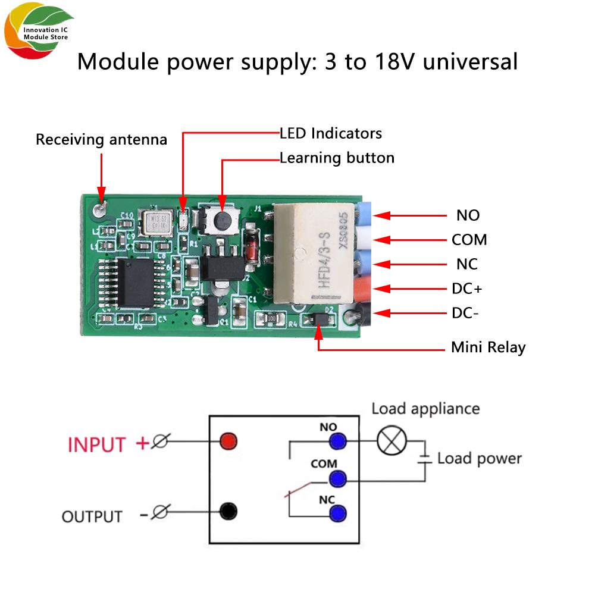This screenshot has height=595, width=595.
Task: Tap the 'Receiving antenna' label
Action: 101,140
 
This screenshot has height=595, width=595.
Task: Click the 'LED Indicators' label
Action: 331,133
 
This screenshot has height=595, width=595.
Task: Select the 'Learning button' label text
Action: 337,158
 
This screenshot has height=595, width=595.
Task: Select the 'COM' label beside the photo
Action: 469,240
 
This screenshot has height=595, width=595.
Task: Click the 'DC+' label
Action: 467,289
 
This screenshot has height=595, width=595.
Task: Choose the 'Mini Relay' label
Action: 488,347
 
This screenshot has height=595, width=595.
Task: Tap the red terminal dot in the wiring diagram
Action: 228,441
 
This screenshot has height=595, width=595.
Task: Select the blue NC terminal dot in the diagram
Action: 337,513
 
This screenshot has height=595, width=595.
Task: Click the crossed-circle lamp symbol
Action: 392,441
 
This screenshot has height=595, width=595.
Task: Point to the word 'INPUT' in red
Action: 97,444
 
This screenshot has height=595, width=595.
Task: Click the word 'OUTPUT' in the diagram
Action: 92,516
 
